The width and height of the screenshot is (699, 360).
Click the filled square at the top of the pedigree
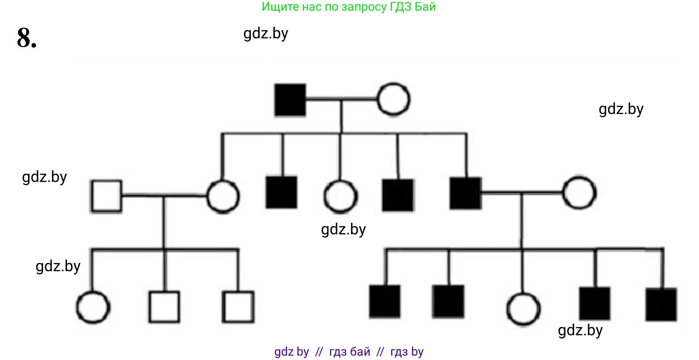pyautogui.click(x=290, y=100)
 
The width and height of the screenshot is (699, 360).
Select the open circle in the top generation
pyautogui.click(x=394, y=99)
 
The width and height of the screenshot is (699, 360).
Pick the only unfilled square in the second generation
pyautogui.click(x=106, y=196)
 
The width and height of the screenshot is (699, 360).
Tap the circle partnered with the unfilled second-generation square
pyautogui.click(x=223, y=196)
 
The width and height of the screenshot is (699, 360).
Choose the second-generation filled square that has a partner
pyautogui.click(x=465, y=193)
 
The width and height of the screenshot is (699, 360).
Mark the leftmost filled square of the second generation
pyautogui.click(x=282, y=193)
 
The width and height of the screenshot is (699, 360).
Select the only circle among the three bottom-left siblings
pyautogui.click(x=93, y=308)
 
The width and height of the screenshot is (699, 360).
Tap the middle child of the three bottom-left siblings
pyautogui.click(x=164, y=307)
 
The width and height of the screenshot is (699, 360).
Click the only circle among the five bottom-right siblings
pyautogui.click(x=523, y=309)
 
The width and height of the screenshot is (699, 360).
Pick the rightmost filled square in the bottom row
pyautogui.click(x=661, y=304)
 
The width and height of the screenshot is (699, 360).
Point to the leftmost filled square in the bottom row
pyautogui.click(x=385, y=301)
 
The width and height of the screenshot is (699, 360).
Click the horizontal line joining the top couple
pyautogui.click(x=342, y=99)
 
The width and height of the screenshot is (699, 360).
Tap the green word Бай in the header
pyautogui.click(x=426, y=7)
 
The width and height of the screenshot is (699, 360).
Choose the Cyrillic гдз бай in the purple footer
pyautogui.click(x=349, y=352)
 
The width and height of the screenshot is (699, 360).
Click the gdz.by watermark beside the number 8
pyautogui.click(x=266, y=33)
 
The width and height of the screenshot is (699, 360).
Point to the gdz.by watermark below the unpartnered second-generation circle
pyautogui.click(x=343, y=229)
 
